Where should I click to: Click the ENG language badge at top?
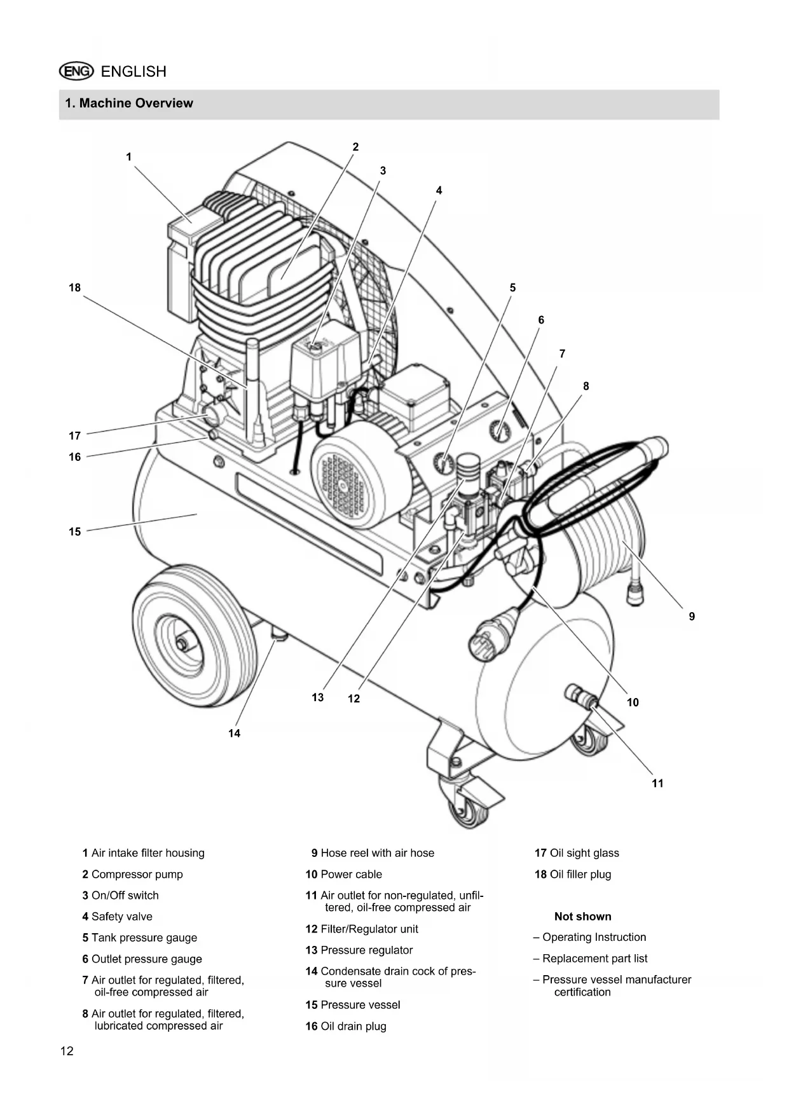(76, 71)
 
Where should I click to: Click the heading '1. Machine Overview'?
(129, 103)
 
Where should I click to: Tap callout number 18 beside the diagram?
(75, 287)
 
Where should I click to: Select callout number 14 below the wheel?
(235, 734)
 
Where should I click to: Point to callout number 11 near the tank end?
(658, 783)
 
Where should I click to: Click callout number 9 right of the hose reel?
(692, 616)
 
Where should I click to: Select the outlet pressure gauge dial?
(500, 430)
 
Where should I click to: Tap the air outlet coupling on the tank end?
(580, 696)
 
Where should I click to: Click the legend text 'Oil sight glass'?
(584, 853)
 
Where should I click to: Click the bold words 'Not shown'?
(583, 917)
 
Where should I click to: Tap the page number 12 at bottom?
(67, 1051)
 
